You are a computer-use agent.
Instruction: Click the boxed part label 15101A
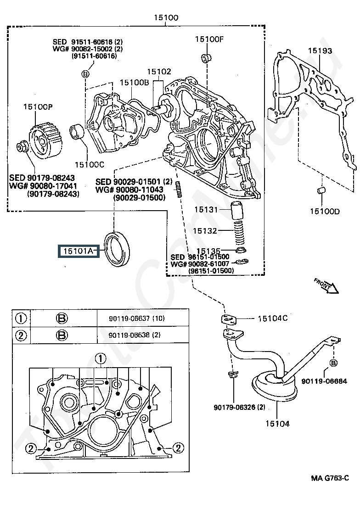coord(79,251)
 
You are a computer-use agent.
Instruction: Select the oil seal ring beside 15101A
coord(117,249)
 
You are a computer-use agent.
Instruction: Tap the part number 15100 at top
coord(166,17)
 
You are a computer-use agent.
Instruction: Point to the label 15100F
coord(209,39)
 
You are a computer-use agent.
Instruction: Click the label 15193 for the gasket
coord(320,51)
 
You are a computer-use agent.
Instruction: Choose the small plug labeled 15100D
coord(321,190)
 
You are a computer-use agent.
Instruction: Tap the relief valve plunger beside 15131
coord(236,211)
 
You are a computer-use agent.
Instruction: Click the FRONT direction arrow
coord(326,286)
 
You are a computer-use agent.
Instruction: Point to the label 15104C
coord(272,318)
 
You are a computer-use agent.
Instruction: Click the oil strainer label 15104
coord(277,424)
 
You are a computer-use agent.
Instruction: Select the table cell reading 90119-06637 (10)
coord(137,318)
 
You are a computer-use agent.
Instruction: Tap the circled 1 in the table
coord(21,318)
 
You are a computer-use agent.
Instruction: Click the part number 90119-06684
coord(324,381)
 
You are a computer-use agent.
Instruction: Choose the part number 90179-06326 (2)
coord(239,408)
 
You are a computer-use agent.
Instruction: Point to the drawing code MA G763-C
coord(330,478)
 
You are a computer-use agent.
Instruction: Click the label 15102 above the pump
coord(159,72)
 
